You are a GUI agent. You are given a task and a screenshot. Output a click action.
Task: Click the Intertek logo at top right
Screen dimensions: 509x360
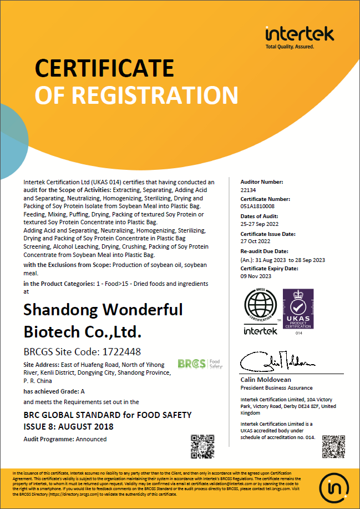(300, 34)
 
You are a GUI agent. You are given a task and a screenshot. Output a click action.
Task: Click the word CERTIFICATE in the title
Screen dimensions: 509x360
(104, 68)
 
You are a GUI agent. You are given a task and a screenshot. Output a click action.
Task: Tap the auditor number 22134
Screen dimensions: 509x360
(248, 190)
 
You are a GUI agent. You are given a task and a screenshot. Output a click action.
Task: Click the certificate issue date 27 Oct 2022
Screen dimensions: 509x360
(256, 242)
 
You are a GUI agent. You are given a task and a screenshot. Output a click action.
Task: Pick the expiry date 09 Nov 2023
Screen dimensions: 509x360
(256, 276)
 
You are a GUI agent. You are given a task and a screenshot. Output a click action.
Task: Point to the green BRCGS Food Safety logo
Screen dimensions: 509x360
(200, 364)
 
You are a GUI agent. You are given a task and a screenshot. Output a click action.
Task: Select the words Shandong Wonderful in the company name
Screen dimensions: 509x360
(103, 309)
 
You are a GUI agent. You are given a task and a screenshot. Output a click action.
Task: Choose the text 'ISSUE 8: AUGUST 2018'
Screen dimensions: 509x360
(68, 427)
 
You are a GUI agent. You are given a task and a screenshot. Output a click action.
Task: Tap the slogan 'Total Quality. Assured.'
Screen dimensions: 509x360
(290, 47)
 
